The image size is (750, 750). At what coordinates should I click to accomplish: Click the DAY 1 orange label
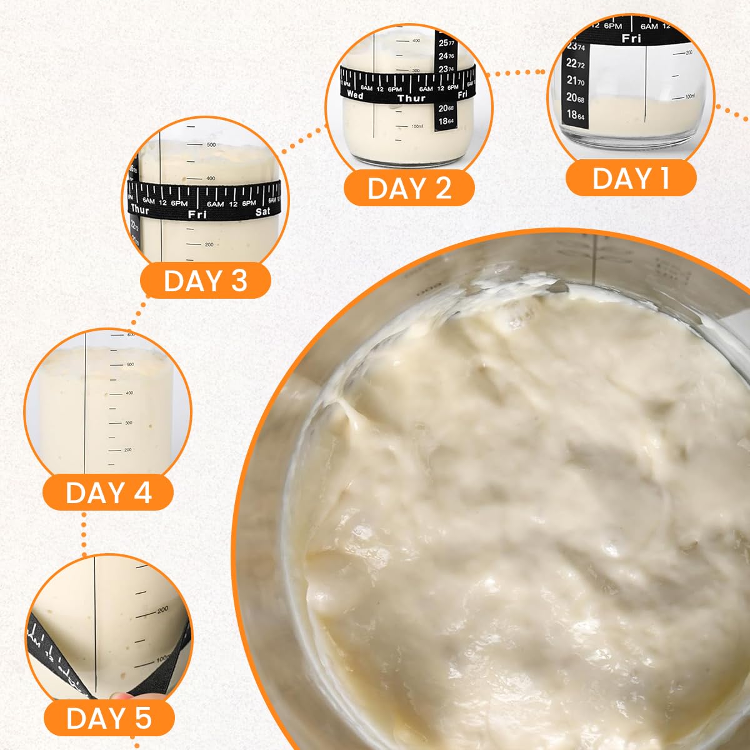[x=631, y=178]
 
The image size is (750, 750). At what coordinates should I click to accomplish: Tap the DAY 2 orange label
[x=409, y=188]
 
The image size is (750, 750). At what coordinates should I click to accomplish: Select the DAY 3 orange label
[x=205, y=281]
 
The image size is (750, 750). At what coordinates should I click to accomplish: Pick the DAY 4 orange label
[x=108, y=492]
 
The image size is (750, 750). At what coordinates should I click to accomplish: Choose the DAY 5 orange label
[x=109, y=718]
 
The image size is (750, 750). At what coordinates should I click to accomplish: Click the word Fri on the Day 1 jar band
[x=631, y=39]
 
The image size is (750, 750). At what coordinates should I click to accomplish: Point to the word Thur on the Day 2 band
[x=411, y=98]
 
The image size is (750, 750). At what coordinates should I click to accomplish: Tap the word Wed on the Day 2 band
[x=354, y=96]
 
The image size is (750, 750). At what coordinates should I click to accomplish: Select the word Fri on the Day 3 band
[x=197, y=214]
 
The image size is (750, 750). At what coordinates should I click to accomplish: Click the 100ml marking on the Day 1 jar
[x=689, y=97]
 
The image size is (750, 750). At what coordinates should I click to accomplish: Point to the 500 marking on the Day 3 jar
[x=211, y=145]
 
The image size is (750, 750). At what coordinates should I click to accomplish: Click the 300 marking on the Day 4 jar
[x=129, y=423]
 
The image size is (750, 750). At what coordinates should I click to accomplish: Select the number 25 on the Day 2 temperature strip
[x=443, y=42]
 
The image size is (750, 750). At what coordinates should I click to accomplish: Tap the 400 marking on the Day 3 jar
[x=210, y=179]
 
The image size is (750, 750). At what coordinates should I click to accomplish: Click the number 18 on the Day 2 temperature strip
[x=443, y=121]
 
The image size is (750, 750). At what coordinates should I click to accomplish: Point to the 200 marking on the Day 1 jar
[x=689, y=53]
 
